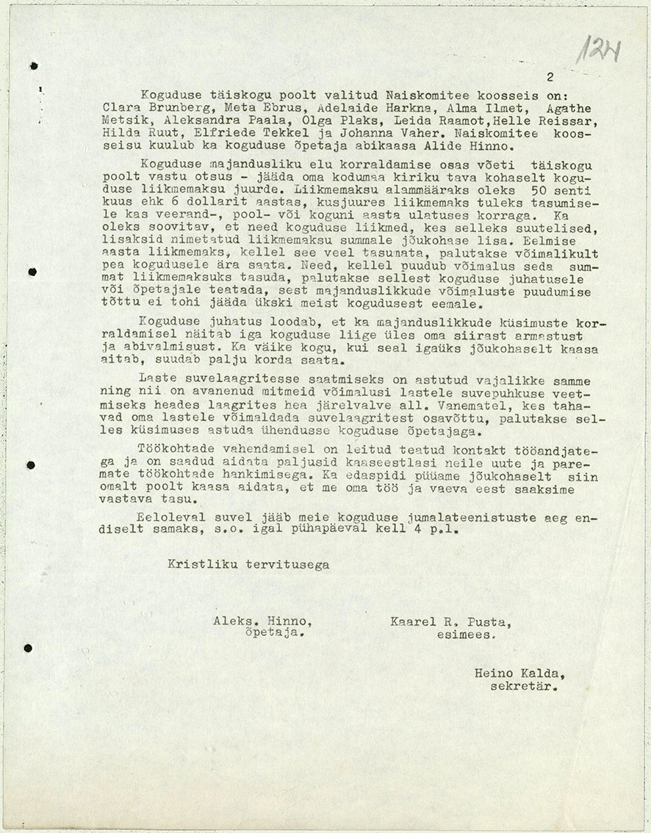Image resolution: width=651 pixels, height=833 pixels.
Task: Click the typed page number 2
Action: [x=550, y=76]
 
